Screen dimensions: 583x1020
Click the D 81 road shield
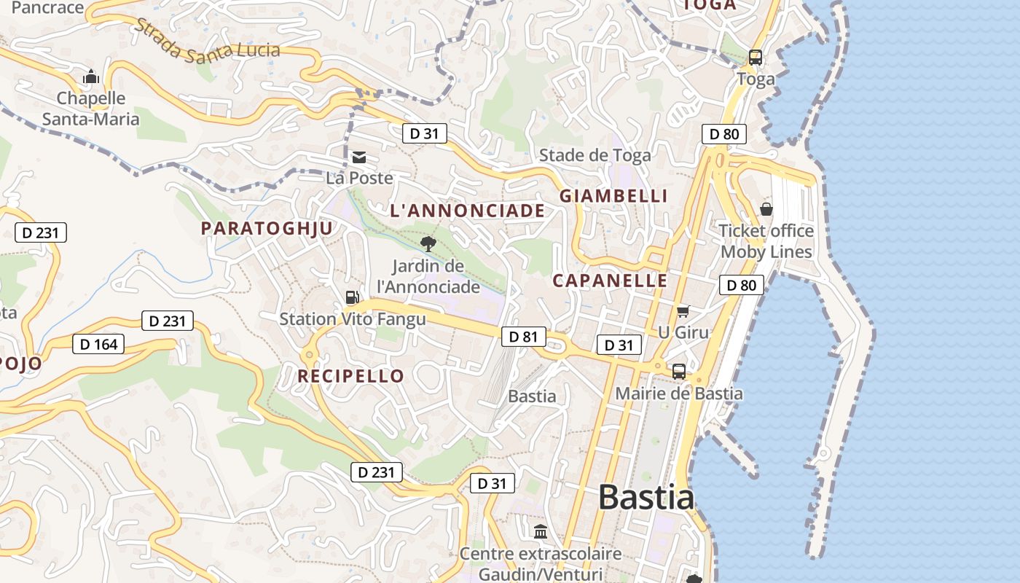tap(523, 336)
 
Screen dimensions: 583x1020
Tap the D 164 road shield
tap(98, 344)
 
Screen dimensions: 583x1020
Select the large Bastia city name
tap(646, 498)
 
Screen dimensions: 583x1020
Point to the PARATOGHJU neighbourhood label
tap(267, 228)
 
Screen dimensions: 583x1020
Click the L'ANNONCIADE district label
tap(467, 211)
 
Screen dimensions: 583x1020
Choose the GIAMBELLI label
tap(613, 196)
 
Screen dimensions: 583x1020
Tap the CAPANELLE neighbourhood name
tap(610, 281)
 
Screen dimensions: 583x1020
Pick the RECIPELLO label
tap(350, 376)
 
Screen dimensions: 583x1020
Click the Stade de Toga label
tap(595, 154)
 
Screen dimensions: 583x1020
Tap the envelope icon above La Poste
tap(358, 157)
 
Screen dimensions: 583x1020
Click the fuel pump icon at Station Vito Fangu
tap(352, 297)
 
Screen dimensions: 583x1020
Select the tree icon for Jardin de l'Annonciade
tap(428, 243)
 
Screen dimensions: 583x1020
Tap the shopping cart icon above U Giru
tap(683, 312)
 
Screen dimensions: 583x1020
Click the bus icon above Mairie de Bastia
tap(678, 372)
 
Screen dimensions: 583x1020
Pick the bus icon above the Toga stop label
tap(756, 58)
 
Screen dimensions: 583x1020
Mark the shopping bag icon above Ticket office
tap(766, 210)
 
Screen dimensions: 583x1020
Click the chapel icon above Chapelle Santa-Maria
tap(91, 77)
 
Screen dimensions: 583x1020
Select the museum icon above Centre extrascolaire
tap(540, 532)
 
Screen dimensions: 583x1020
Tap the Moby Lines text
tap(766, 252)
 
